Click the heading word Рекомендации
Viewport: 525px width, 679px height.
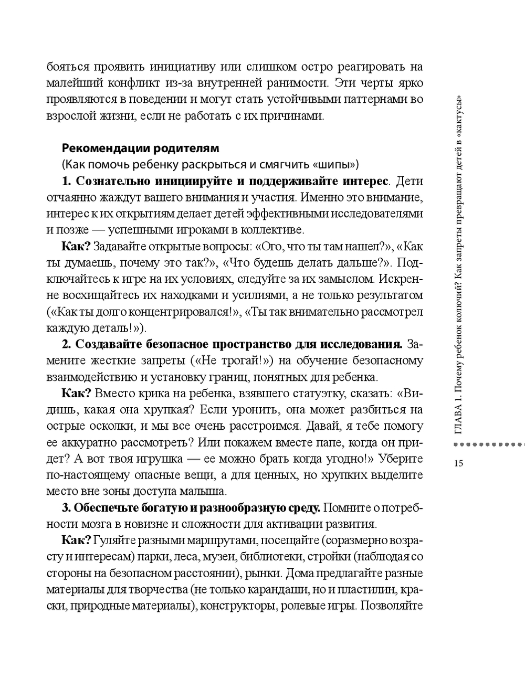pyautogui.click(x=99, y=147)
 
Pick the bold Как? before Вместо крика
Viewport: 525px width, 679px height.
pyautogui.click(x=76, y=394)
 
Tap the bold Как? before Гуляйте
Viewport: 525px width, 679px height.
pyautogui.click(x=76, y=541)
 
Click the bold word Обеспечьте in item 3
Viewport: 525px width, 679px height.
pyautogui.click(x=107, y=508)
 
